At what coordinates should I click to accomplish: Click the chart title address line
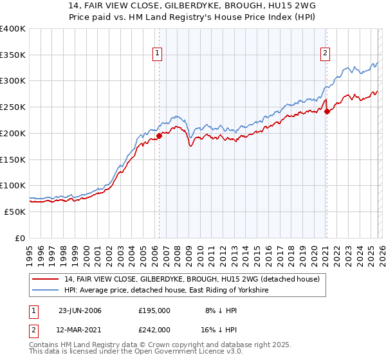[x=192, y=6]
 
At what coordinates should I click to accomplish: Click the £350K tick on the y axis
[x=13, y=55]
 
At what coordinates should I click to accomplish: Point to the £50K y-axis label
[x=15, y=212]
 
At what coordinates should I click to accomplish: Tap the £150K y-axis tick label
[x=13, y=159]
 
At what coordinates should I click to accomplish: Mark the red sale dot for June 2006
[x=160, y=136]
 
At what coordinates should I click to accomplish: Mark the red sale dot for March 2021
[x=327, y=111]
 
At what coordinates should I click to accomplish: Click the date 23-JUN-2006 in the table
[x=80, y=310]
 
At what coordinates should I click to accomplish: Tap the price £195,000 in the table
[x=154, y=310]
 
